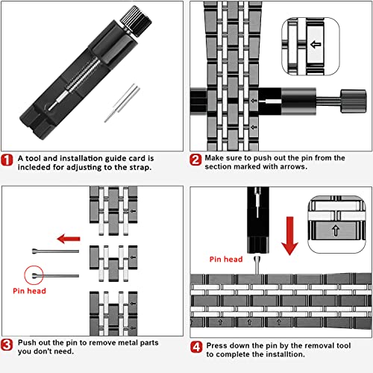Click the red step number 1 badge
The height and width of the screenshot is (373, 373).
(7, 160)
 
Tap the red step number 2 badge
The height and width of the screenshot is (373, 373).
(195, 160)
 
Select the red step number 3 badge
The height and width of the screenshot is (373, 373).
(7, 345)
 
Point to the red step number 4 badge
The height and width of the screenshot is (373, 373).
(196, 347)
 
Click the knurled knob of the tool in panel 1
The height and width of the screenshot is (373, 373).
(136, 21)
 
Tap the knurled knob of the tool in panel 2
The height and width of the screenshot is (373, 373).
(354, 101)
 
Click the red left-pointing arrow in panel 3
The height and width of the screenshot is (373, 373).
(69, 239)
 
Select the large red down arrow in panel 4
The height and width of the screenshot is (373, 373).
(289, 236)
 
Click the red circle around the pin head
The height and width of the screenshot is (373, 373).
(34, 275)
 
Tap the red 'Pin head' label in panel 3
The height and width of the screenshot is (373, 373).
(29, 291)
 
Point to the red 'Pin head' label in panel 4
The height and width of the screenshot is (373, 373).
(226, 260)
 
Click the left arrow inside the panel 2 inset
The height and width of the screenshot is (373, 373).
(316, 45)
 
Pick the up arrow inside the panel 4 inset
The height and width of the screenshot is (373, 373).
(336, 231)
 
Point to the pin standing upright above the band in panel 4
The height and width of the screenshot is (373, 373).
(257, 266)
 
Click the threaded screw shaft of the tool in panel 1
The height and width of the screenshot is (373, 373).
(83, 74)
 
